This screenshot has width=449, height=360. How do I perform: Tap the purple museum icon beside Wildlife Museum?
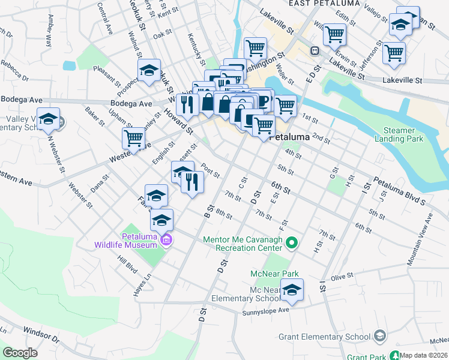click(x=166, y=241)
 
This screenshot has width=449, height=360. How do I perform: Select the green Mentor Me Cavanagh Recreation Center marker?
click(x=292, y=243)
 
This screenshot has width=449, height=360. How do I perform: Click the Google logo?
click(x=20, y=353)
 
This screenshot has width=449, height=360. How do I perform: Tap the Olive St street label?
click(x=342, y=277)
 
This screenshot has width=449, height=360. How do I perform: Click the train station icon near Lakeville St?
click(x=313, y=51)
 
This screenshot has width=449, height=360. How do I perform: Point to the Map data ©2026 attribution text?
click(x=424, y=355)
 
